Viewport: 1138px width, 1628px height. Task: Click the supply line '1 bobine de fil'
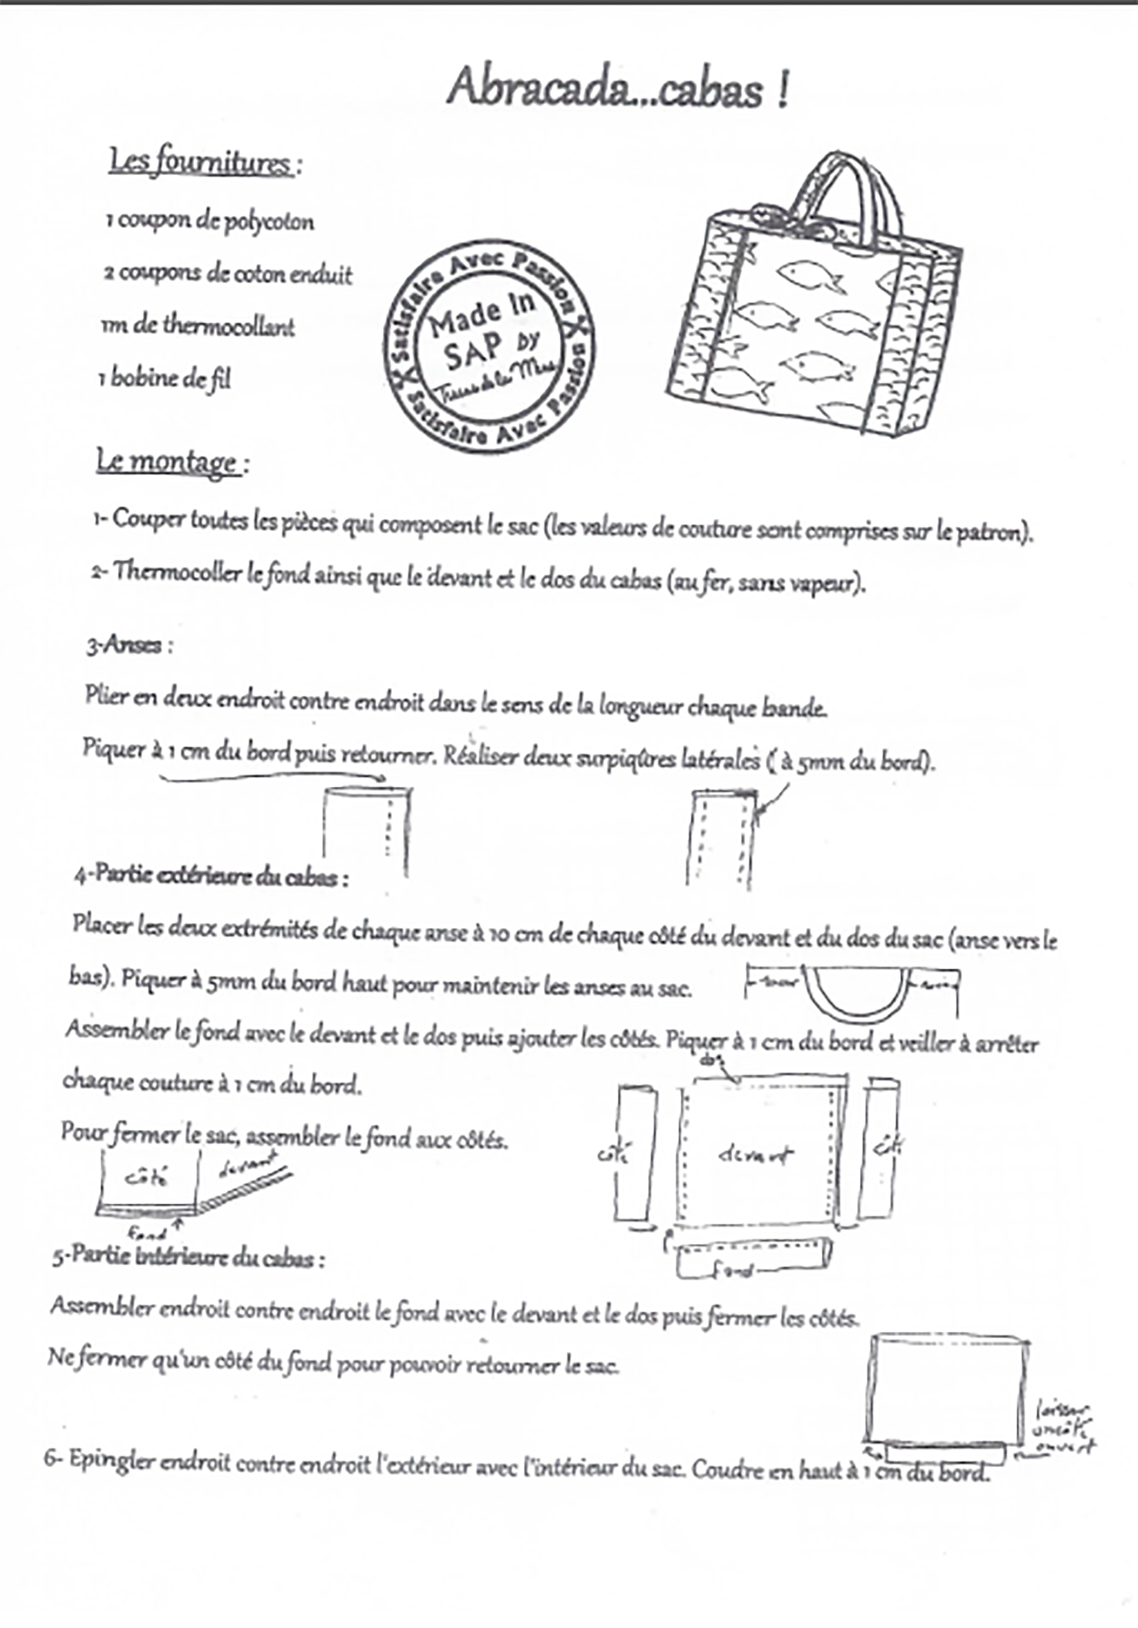tap(165, 379)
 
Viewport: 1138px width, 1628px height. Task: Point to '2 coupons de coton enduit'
tap(228, 274)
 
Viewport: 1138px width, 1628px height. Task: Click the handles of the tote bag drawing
tap(846, 188)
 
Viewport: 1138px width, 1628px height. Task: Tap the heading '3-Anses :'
tap(130, 646)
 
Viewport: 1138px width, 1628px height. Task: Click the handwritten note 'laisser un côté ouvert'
tap(1063, 1428)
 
